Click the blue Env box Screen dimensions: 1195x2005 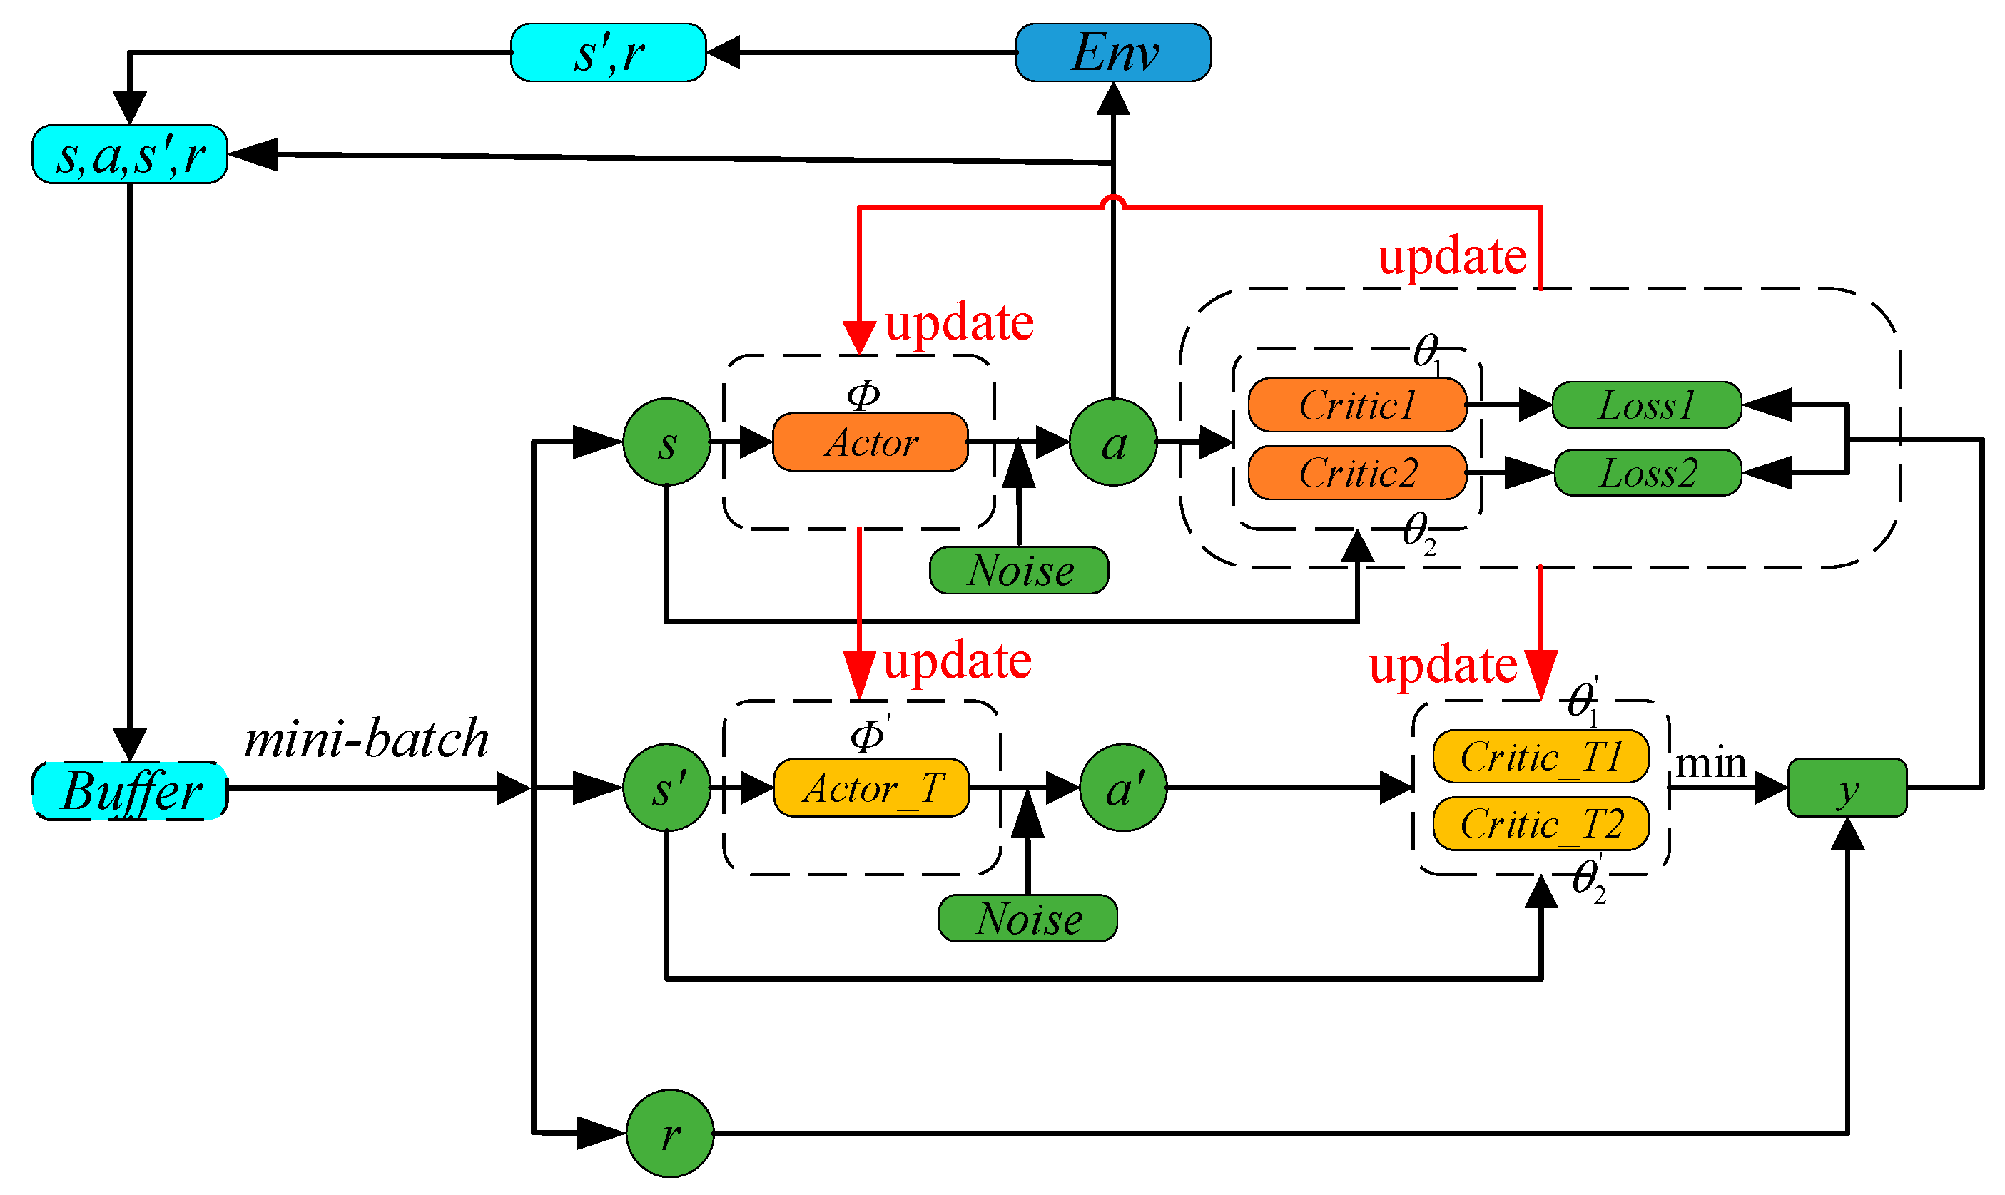(1114, 52)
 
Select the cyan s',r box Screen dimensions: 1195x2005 (609, 52)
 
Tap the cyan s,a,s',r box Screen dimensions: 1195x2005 (130, 155)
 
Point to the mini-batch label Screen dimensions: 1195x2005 (366, 738)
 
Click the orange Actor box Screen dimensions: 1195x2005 (870, 443)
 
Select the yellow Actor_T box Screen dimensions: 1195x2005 (871, 788)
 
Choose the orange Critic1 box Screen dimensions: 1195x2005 (1357, 405)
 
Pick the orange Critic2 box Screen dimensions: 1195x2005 (1357, 473)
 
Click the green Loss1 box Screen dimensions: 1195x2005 (1647, 405)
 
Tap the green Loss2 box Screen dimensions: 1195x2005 (1648, 473)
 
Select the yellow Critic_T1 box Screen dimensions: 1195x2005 (1540, 757)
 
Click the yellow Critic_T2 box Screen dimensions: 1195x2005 (1540, 825)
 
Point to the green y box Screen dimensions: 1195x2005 (1847, 788)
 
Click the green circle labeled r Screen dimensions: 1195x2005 (670, 1134)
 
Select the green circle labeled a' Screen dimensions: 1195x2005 (1123, 788)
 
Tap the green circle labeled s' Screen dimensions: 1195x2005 (668, 788)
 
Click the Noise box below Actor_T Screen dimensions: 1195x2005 (1028, 919)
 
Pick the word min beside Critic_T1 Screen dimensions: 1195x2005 (1710, 763)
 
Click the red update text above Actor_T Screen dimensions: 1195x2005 (958, 662)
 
